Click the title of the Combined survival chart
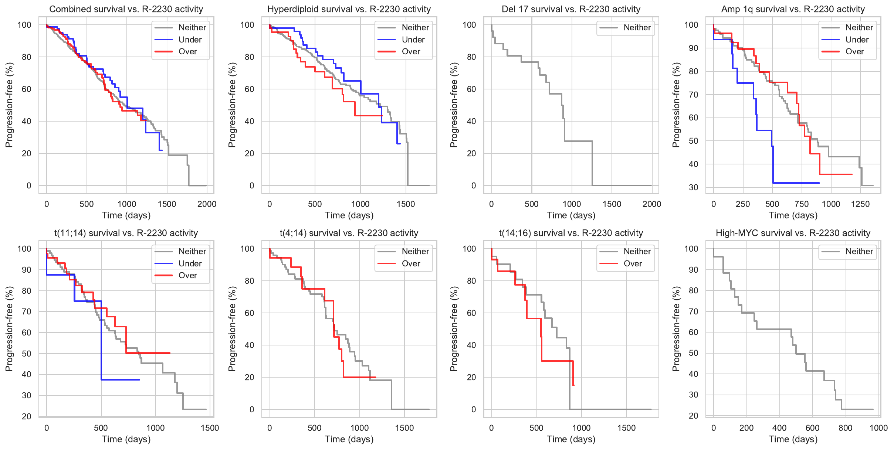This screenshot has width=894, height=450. click(126, 9)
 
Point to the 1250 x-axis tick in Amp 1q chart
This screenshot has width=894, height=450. click(860, 204)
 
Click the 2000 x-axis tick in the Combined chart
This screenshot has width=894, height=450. click(207, 204)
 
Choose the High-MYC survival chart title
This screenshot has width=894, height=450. click(793, 233)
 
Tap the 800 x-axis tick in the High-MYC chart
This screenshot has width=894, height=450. click(845, 428)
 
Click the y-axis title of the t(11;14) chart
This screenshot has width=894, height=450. click(9, 329)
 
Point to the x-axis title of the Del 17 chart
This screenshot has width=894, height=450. click(571, 215)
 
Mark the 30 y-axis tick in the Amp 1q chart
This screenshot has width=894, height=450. click(693, 187)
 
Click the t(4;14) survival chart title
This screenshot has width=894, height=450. click(349, 233)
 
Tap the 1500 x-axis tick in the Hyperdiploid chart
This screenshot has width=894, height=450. click(406, 204)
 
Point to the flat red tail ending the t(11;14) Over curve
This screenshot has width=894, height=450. click(148, 353)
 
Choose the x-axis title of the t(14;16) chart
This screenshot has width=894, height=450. click(571, 439)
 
